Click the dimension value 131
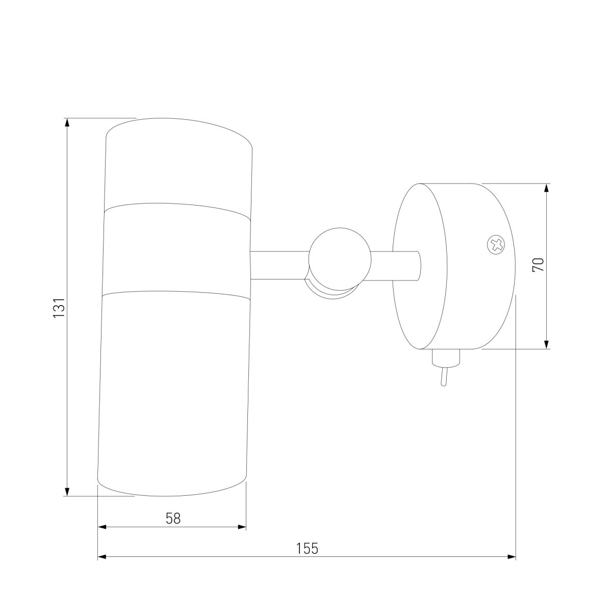tap(59, 308)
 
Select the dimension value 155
tap(307, 557)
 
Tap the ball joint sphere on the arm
tap(340, 259)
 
